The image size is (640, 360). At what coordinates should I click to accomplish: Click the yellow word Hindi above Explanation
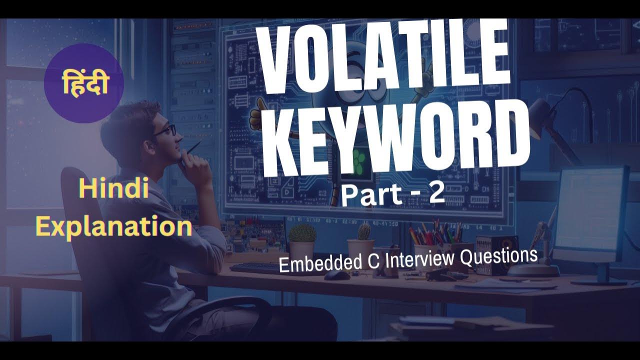click(114, 190)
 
